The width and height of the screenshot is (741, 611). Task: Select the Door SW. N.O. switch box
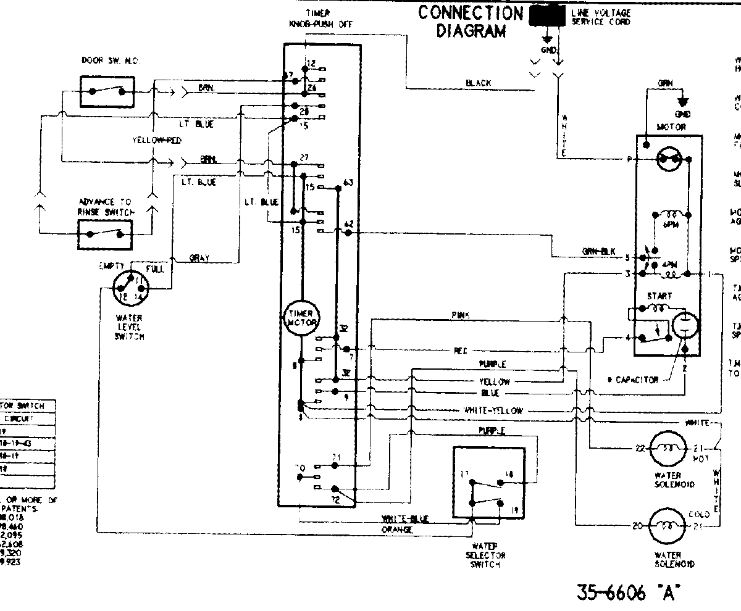click(106, 91)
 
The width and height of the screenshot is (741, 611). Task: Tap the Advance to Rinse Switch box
click(104, 234)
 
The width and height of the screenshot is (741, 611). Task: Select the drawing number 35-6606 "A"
click(627, 593)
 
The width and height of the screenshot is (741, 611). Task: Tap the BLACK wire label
click(479, 83)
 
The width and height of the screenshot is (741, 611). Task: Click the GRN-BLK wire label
click(597, 251)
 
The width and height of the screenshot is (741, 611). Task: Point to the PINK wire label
click(460, 315)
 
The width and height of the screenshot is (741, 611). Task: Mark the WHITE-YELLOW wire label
click(493, 410)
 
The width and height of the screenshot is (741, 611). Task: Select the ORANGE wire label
click(396, 530)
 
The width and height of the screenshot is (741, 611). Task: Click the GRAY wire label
click(199, 259)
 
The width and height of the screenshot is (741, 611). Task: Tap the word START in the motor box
click(659, 296)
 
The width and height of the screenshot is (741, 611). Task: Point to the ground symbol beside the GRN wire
click(682, 102)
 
